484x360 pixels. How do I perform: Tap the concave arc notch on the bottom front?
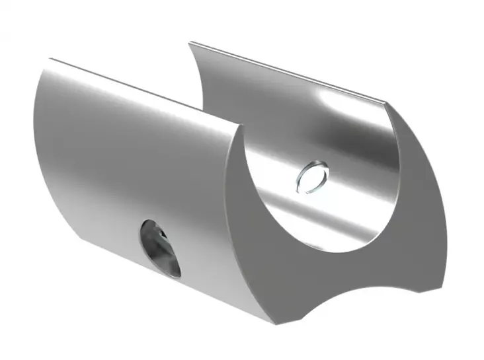[344, 291]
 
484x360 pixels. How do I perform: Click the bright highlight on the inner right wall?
[331, 106]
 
